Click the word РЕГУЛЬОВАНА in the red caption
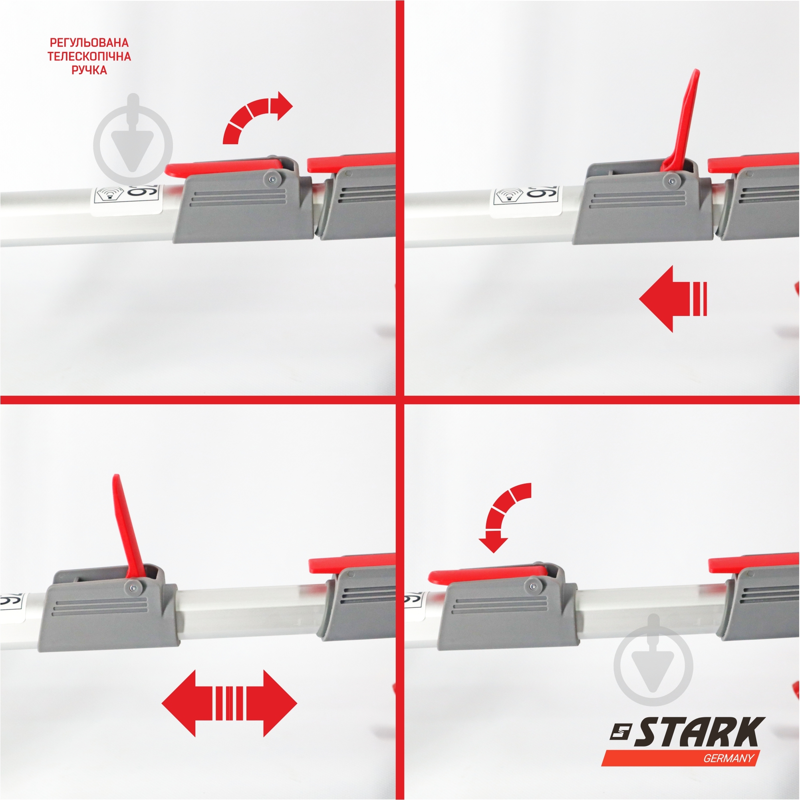[x=89, y=43]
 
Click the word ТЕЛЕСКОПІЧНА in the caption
[x=89, y=56]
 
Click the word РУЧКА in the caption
[x=89, y=70]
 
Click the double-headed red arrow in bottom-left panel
[x=229, y=703]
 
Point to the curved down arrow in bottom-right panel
[x=503, y=518]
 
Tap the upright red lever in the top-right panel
[x=683, y=120]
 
